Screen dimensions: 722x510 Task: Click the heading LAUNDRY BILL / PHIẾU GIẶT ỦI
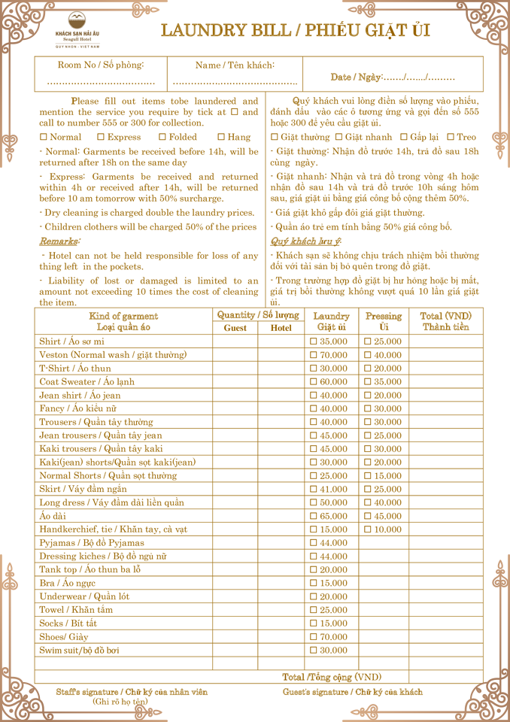(295, 31)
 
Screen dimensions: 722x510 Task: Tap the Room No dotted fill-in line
(101, 81)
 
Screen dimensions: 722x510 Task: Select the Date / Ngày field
(392, 77)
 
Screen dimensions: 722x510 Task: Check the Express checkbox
(101, 137)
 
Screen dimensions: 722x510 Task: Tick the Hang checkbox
(221, 137)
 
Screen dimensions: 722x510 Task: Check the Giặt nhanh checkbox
(338, 137)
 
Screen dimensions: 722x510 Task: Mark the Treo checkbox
(451, 137)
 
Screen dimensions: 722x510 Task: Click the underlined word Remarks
(59, 241)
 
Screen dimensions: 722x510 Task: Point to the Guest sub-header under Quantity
(235, 328)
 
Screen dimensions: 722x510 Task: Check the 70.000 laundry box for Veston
(314, 355)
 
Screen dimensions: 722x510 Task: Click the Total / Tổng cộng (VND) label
(332, 677)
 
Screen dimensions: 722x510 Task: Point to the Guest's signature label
(352, 692)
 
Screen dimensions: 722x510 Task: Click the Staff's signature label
(132, 692)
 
